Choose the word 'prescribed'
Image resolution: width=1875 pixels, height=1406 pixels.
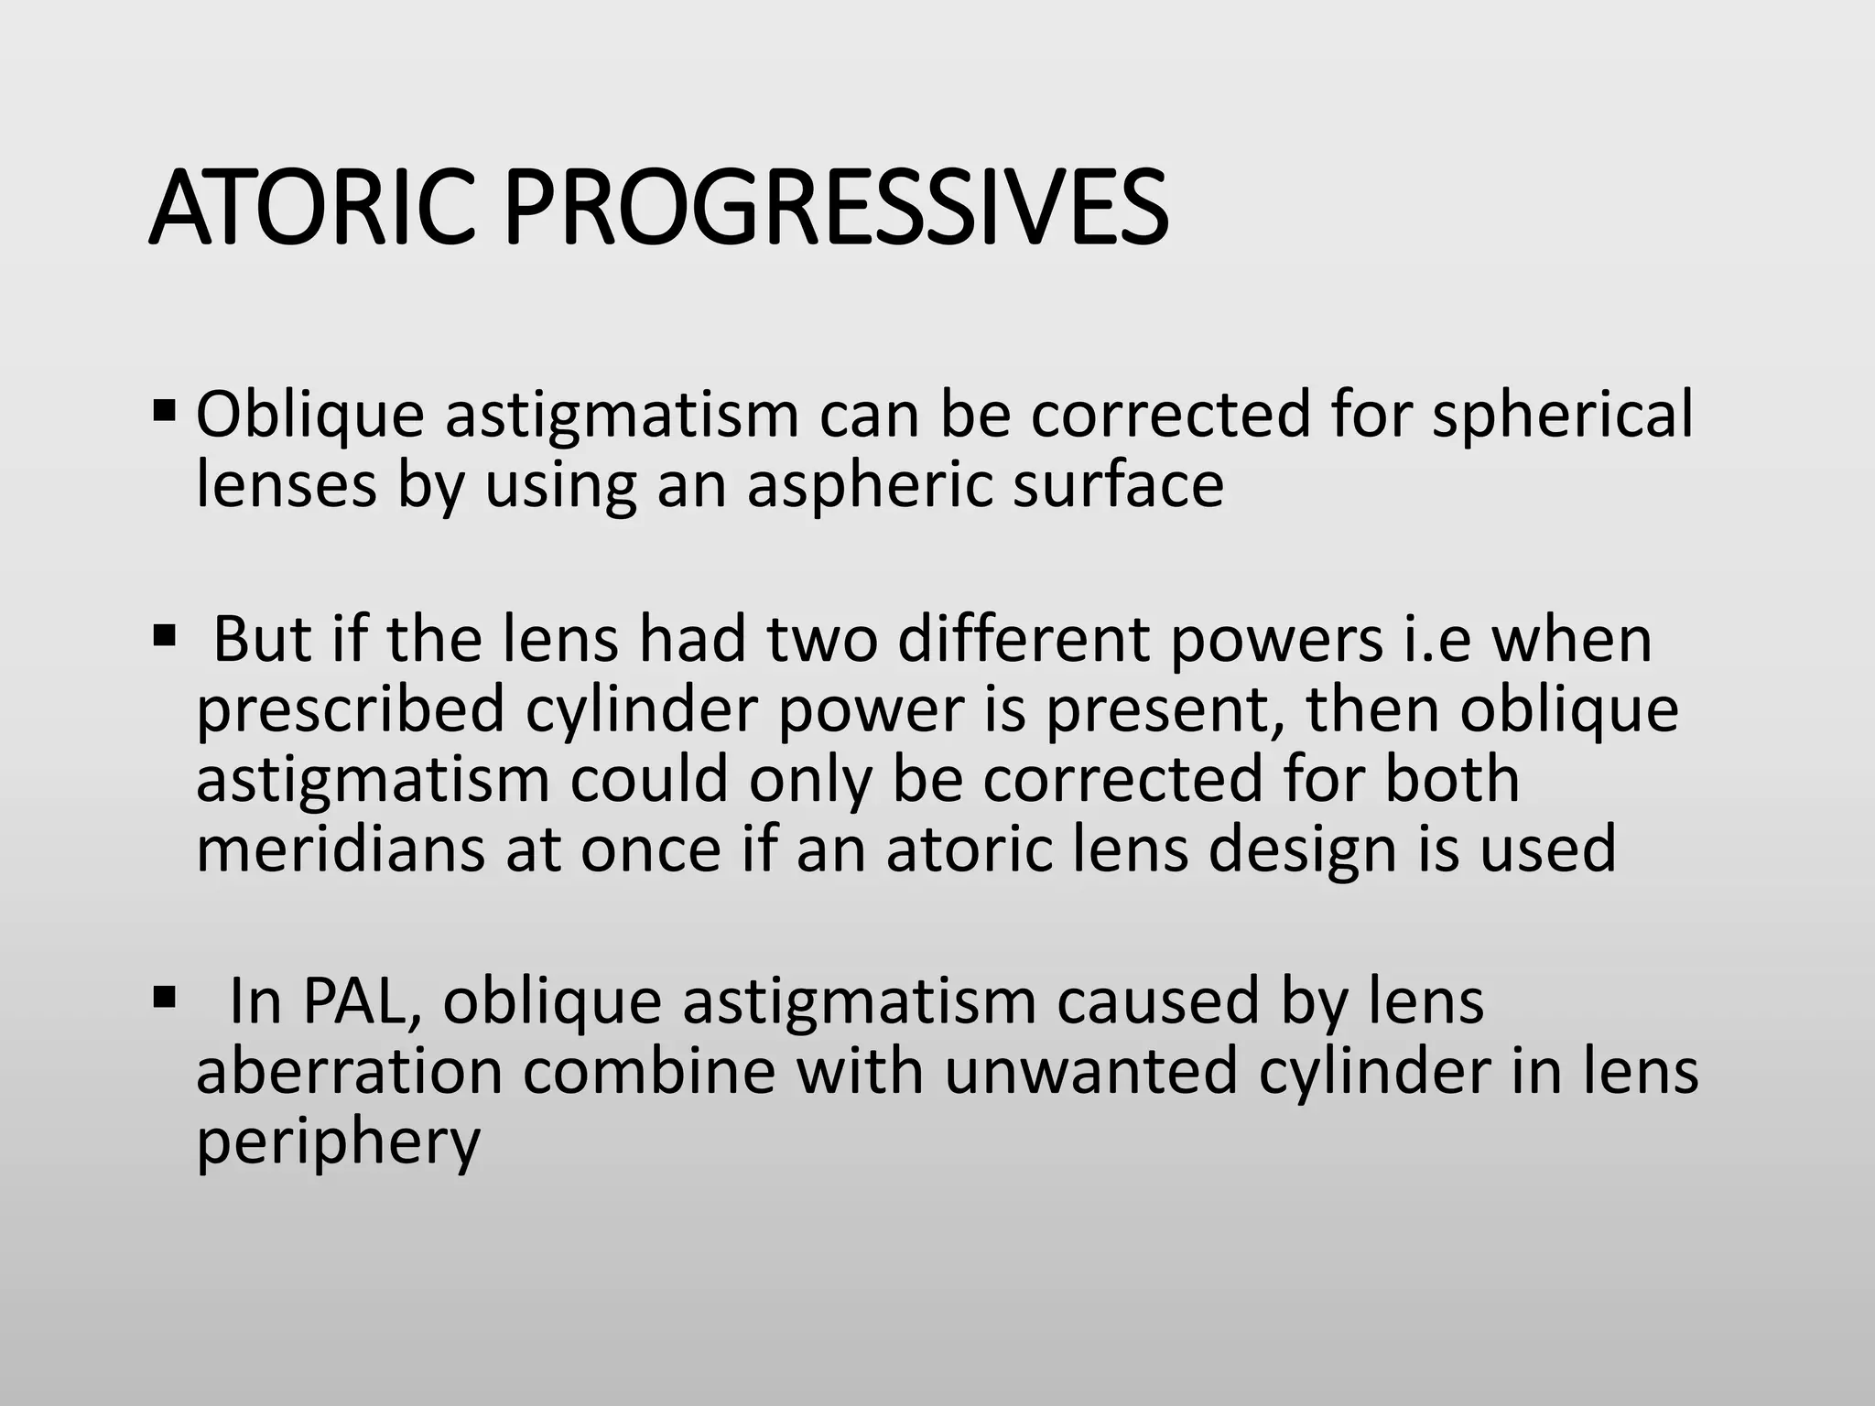pos(351,710)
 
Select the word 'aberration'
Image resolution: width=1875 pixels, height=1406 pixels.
pos(349,1072)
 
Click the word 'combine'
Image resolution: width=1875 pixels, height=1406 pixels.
pos(649,1072)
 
